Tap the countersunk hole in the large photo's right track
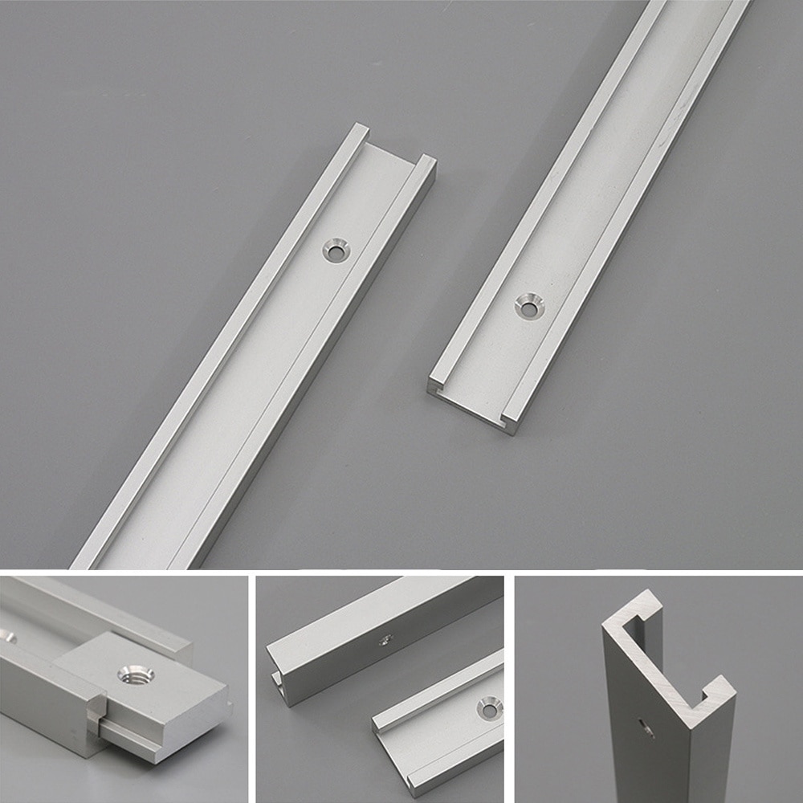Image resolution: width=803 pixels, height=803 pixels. (x=529, y=305)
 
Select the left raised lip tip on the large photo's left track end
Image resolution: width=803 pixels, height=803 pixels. (x=360, y=128)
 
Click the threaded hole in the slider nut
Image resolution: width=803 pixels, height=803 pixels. (x=131, y=674)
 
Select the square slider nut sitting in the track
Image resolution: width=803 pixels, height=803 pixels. (x=153, y=691)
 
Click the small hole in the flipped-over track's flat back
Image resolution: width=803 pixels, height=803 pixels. (x=385, y=639)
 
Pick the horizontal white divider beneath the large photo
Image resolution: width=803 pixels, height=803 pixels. (x=401, y=572)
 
